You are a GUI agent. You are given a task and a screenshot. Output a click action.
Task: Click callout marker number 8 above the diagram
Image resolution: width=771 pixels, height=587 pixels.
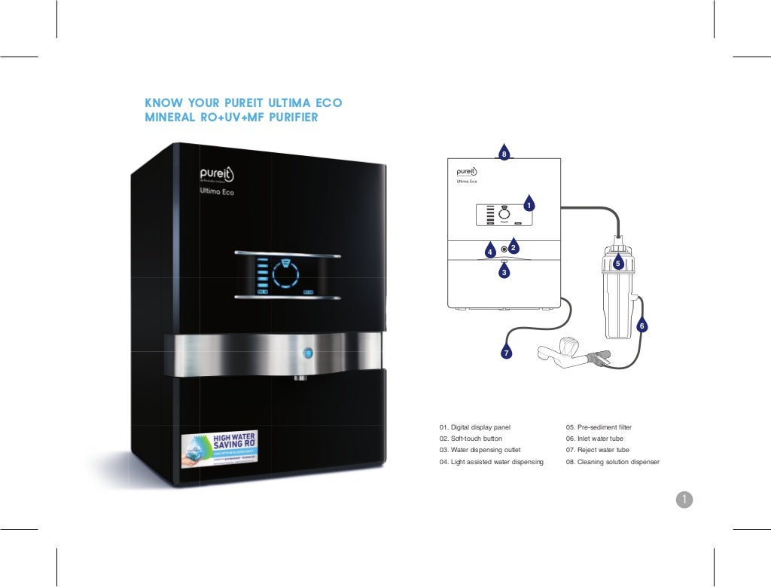coord(504,153)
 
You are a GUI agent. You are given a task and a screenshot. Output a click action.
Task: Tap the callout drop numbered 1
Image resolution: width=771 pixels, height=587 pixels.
coord(529,203)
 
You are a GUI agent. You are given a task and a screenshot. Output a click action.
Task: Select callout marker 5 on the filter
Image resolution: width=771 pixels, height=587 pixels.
coord(617,263)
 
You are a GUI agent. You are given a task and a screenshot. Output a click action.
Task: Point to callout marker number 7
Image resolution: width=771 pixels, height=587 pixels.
coord(507,352)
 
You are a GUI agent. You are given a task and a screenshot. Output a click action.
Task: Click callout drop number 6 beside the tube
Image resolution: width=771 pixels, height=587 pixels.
coord(641,326)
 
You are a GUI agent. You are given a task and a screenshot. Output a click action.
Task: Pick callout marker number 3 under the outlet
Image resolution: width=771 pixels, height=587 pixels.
coord(504,271)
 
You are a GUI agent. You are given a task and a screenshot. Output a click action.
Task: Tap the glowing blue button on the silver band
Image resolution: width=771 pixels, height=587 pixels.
coord(307,353)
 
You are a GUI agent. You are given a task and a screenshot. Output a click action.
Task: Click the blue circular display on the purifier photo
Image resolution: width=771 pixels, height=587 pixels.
coord(285,274)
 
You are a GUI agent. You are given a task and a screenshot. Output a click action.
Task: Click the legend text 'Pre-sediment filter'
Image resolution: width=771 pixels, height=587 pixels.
coord(599,427)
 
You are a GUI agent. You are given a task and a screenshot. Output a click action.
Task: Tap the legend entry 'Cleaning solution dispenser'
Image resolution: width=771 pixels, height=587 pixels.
coord(612,462)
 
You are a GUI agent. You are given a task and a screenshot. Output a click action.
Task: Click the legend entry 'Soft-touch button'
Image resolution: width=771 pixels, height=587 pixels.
coord(471,439)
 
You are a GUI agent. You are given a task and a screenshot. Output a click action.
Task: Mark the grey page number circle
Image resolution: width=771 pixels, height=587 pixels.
coord(684,499)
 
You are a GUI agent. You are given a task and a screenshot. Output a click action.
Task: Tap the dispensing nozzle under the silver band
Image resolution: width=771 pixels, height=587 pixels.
coord(300,375)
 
